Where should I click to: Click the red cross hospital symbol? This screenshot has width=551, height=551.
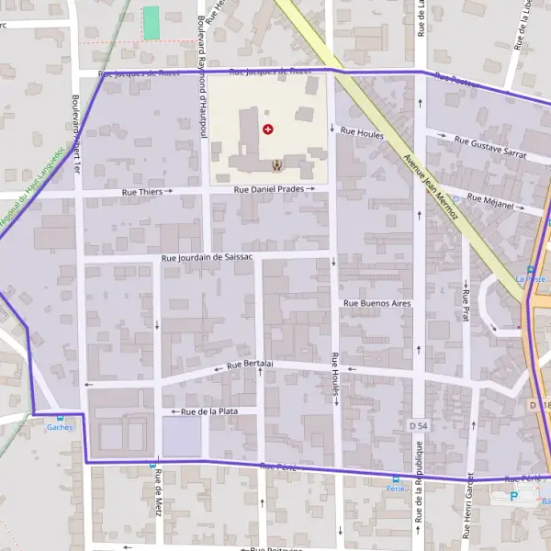pos(268,129)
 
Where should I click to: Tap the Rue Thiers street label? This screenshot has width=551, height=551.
pos(142,192)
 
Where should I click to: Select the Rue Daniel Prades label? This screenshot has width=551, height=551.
pos(270,189)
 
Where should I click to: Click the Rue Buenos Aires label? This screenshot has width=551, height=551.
pos(377,302)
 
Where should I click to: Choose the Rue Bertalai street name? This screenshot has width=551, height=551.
pos(250,365)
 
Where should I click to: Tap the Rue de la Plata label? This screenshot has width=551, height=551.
pos(209,411)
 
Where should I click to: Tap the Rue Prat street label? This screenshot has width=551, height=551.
pos(466,296)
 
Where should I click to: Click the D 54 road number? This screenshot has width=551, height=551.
pos(419,426)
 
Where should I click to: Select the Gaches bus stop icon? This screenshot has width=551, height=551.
pos(60,417)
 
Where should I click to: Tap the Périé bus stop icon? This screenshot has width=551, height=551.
pos(396,478)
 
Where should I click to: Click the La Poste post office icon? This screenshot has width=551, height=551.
pos(530,269)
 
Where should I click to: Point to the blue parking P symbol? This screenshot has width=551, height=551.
pos(513,496)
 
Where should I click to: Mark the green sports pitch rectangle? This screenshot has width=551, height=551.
pos(151,23)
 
